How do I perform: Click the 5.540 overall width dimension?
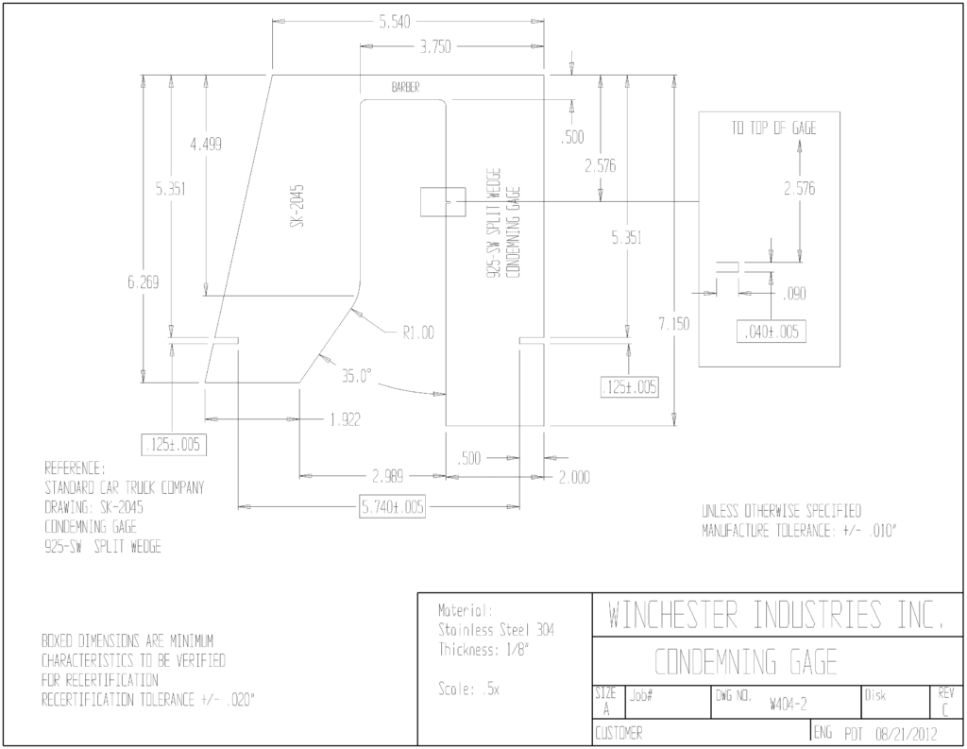pos(394,23)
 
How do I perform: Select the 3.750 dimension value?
pos(435,47)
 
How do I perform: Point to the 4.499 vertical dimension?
pos(206,145)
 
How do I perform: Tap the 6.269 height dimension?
pos(144,282)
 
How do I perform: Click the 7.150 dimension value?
pos(674,324)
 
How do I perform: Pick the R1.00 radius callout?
pos(418,333)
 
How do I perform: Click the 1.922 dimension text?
pos(346,420)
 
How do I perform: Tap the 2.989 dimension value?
pos(388,477)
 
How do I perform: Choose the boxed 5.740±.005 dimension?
pos(393,507)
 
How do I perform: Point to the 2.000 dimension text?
pos(574,478)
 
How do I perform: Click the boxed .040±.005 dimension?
pos(772,332)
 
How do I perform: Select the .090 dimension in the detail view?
pos(794,294)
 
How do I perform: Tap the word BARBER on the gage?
pos(406,88)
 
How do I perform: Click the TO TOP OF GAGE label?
pos(774,128)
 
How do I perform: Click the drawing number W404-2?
pos(789,705)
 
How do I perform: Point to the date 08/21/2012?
pos(906,734)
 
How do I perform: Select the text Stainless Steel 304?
pos(497,630)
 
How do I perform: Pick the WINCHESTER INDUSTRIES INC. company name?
pos(776,615)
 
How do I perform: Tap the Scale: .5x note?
pos(468,689)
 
